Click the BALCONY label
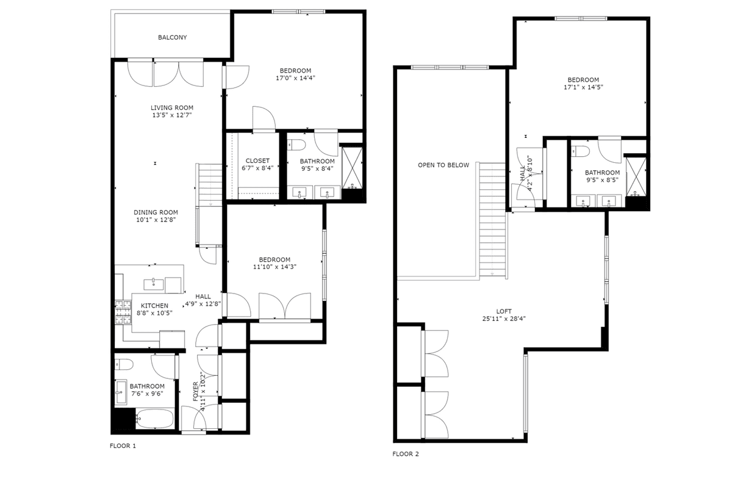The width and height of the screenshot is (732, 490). coord(172,38)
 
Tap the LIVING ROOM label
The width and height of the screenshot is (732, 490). coord(172,107)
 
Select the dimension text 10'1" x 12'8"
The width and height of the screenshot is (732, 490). coord(156,220)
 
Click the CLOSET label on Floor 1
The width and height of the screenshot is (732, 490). coord(257,161)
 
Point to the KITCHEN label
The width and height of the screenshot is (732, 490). coord(154,306)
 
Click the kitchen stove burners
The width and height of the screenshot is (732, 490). coord(123,312)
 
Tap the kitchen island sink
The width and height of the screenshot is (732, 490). coord(154,284)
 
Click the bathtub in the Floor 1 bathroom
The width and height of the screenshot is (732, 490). coord(154,418)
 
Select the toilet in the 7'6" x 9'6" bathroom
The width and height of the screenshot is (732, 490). coord(124,364)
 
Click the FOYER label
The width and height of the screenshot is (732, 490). coord(195,391)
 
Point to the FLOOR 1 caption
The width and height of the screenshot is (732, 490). coord(123,446)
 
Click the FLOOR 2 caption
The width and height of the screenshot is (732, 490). coord(406,454)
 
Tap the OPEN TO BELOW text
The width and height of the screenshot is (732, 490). coord(443,165)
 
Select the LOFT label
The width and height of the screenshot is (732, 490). coord(504,311)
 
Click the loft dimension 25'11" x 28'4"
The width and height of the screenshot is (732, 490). coord(504,319)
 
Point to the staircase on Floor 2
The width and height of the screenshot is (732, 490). coord(492,221)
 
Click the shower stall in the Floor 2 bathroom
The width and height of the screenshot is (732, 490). coord(636,177)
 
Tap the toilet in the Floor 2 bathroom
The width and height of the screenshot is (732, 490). coord(580,151)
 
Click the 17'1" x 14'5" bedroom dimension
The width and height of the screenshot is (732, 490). coord(583,87)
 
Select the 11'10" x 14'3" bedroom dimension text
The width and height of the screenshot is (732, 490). coord(275,267)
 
